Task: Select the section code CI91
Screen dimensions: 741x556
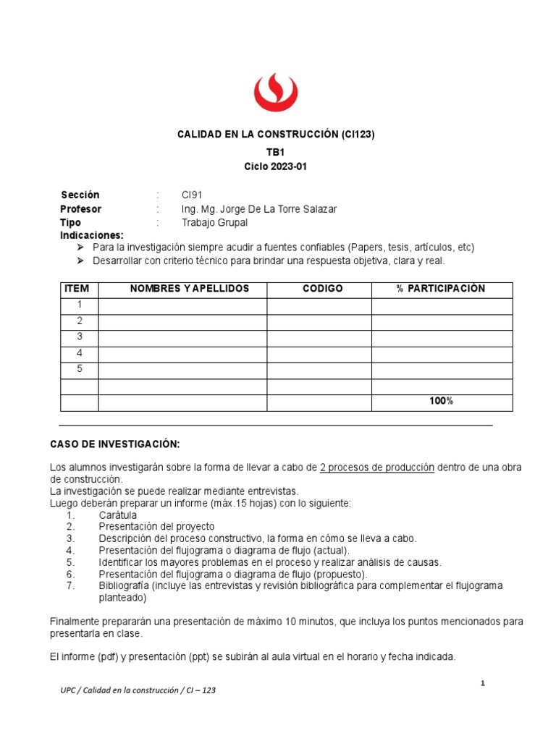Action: click(192, 195)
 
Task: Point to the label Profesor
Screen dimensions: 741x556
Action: click(81, 209)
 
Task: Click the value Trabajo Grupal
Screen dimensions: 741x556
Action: click(214, 223)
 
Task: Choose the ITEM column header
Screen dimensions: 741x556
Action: click(77, 289)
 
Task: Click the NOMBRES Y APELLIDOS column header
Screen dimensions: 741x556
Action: click(189, 289)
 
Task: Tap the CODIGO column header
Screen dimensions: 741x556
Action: click(322, 289)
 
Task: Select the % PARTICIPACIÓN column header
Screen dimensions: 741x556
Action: click(441, 289)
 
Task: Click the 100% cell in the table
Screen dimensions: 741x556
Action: click(441, 401)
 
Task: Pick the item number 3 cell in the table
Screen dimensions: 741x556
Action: click(80, 337)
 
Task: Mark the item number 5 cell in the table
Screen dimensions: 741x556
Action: click(80, 369)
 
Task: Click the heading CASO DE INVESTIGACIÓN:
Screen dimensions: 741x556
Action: click(114, 444)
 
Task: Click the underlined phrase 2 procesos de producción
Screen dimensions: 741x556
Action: click(376, 467)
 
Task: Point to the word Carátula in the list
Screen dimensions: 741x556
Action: click(118, 515)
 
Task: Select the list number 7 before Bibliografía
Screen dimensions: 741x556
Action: click(70, 585)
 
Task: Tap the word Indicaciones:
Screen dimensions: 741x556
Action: click(92, 236)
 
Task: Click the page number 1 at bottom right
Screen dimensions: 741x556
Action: click(482, 684)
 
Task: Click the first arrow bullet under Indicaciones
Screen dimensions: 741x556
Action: click(80, 247)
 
